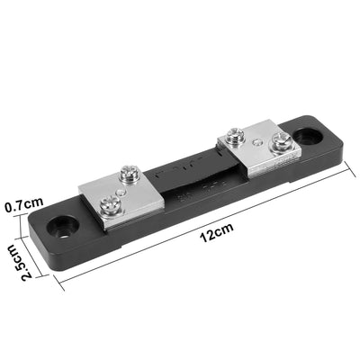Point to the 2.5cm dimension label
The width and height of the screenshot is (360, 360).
tap(15, 262)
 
